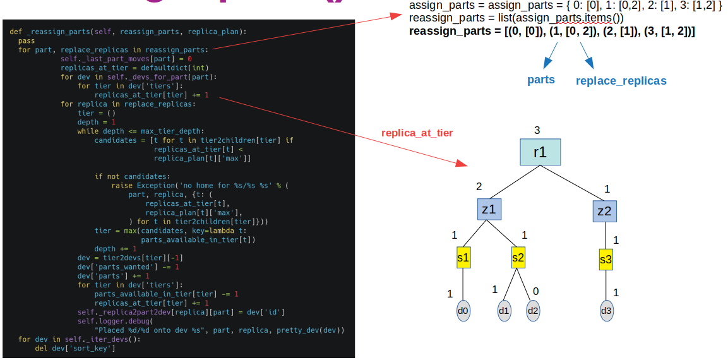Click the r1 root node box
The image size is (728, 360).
point(540,152)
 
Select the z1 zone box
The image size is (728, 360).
point(489,210)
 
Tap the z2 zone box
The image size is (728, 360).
point(605,210)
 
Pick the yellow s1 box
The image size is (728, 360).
point(463,258)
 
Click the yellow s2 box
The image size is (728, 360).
point(518,258)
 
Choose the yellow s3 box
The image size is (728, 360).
point(606,259)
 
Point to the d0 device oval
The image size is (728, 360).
point(463,311)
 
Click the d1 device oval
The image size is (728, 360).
point(504,311)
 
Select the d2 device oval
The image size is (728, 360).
point(534,311)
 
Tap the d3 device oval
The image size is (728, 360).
point(606,311)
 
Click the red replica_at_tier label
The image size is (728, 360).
point(417,133)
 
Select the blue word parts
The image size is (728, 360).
point(541,80)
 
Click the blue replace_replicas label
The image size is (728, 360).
point(621,81)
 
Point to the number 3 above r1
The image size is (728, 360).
point(537,131)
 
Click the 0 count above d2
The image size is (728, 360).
point(536,291)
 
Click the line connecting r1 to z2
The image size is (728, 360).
point(576,184)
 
